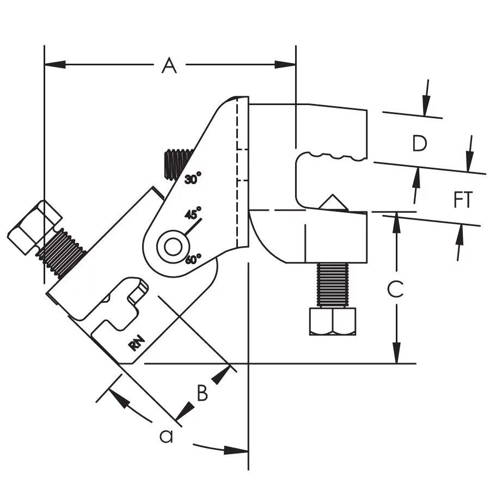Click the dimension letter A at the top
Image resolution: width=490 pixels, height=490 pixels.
coord(170,66)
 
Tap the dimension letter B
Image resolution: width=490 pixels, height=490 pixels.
coord(202,393)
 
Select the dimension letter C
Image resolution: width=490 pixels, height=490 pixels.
coord(395,289)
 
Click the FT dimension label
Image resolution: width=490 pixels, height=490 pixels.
coord(463,200)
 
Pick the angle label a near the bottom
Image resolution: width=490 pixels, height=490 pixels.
coord(166,436)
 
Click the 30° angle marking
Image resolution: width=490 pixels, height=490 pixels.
coord(192,178)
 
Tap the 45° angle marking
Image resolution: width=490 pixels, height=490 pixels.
coord(193,213)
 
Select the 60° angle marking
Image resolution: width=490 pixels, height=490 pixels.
coord(193,259)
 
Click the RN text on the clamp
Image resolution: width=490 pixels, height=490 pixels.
coord(138,344)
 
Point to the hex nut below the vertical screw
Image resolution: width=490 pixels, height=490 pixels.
coord(332,321)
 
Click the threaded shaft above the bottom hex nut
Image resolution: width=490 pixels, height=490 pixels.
coord(332,285)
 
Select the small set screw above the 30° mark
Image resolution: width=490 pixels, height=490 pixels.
coord(176,162)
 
